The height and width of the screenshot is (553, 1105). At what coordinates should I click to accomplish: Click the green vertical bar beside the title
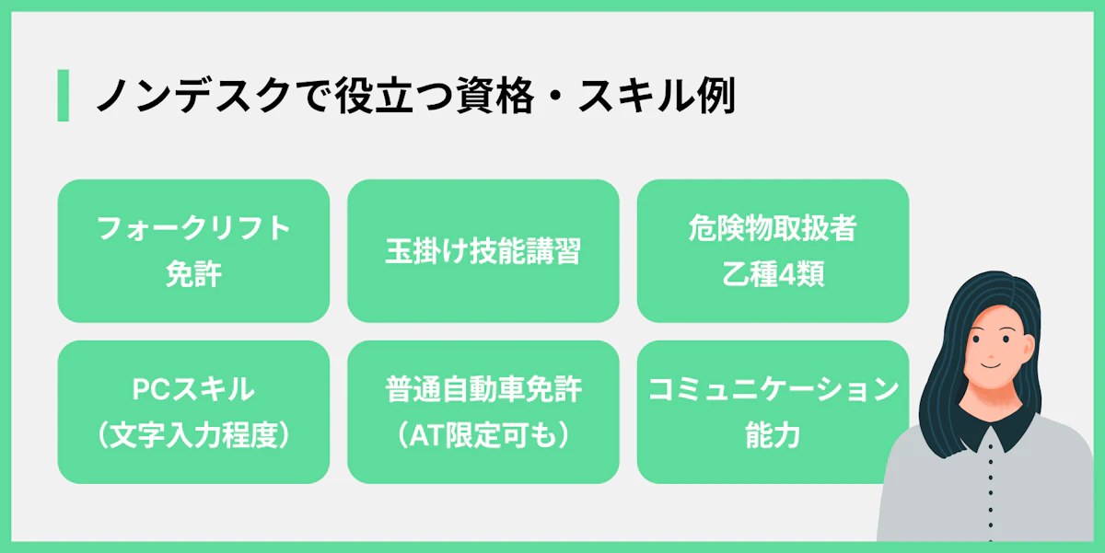coord(63,95)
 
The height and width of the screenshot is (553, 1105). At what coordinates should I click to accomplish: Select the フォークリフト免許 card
coord(193,251)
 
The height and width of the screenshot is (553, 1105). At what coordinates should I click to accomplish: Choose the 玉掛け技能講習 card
coord(483,251)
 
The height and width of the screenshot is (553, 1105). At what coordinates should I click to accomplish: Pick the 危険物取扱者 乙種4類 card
coord(773,251)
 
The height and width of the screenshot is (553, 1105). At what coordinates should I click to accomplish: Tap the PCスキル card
coord(193,412)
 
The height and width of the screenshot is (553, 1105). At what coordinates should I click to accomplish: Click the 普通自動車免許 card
coord(483,412)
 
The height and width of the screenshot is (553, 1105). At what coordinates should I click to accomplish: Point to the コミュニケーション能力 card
coord(773,412)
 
